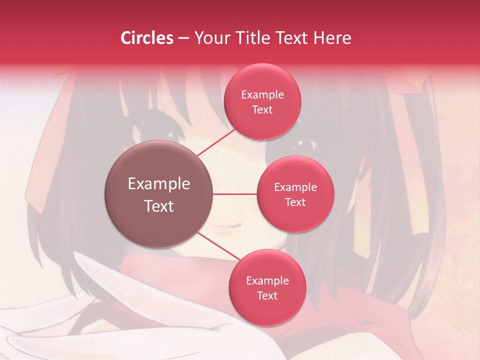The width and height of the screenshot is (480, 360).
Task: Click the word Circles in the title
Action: [147, 38]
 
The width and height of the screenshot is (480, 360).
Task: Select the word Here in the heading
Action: [332, 38]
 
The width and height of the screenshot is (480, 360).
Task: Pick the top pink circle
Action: [262, 101]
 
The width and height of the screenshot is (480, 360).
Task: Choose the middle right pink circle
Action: [295, 194]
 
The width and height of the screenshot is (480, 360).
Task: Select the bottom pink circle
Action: [267, 287]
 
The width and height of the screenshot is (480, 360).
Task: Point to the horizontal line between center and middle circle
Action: [235, 194]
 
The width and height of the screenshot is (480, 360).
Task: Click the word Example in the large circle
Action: [159, 184]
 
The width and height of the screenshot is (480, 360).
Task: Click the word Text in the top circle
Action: [262, 110]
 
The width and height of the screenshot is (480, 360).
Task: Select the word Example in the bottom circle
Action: [267, 280]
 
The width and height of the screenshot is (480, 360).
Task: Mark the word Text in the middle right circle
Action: [295, 202]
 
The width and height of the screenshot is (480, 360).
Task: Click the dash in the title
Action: [183, 38]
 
